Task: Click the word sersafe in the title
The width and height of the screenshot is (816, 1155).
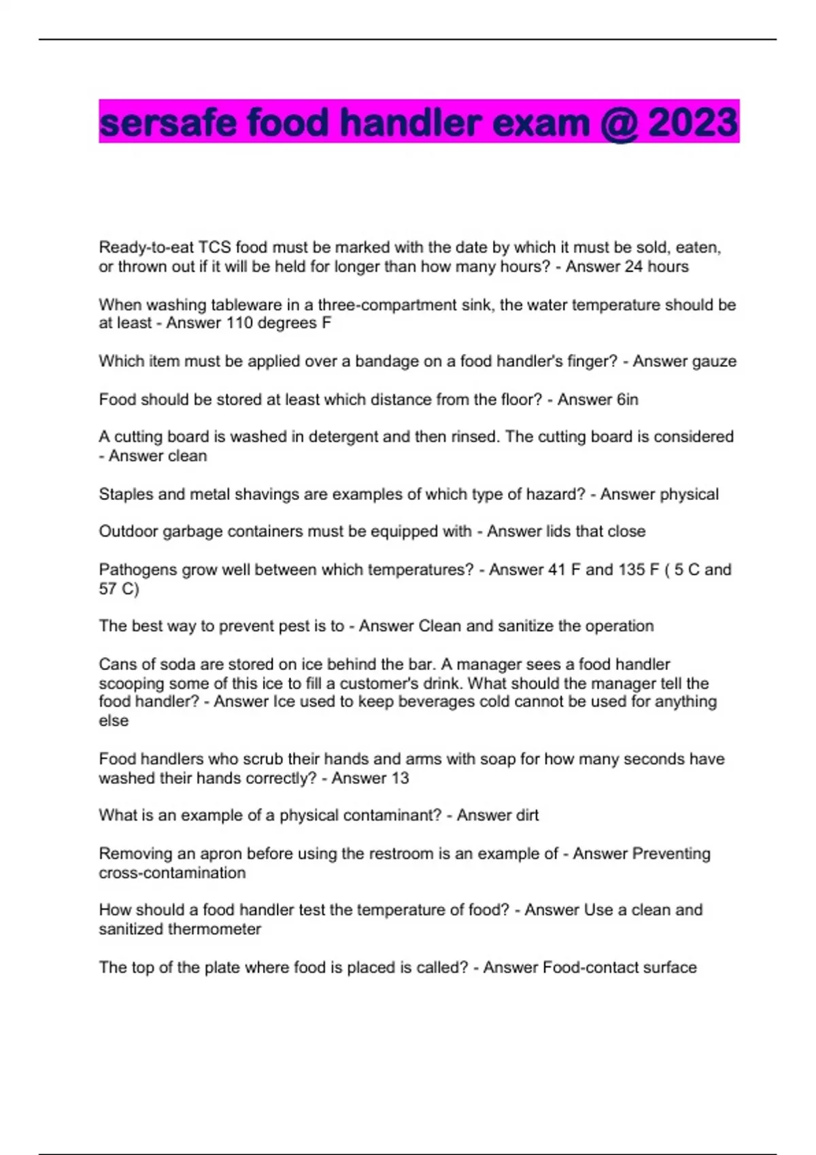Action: [169, 123]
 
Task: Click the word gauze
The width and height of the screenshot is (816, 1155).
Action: [713, 361]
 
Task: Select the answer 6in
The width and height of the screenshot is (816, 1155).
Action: [628, 399]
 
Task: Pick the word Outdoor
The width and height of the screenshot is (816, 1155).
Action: [128, 531]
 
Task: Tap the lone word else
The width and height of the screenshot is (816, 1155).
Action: [114, 721]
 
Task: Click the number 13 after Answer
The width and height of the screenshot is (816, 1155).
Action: [399, 778]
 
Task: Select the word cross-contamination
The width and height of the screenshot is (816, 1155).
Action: [172, 872]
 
